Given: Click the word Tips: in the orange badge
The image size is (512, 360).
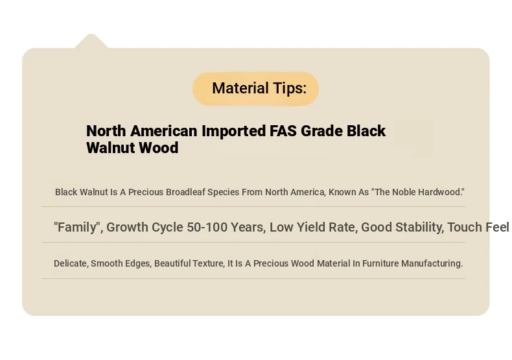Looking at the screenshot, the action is click(x=290, y=88).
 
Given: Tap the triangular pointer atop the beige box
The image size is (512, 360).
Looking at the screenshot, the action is click(x=91, y=41).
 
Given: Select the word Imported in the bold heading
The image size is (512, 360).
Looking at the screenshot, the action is click(x=233, y=131).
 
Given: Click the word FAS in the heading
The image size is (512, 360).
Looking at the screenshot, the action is click(x=283, y=131).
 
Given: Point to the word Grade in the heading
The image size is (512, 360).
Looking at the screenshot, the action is click(x=321, y=131).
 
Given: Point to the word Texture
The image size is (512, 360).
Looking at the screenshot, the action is click(x=208, y=263).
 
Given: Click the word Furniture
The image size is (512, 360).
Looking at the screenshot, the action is click(x=380, y=263).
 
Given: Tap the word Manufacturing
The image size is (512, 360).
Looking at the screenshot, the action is click(x=432, y=263).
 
